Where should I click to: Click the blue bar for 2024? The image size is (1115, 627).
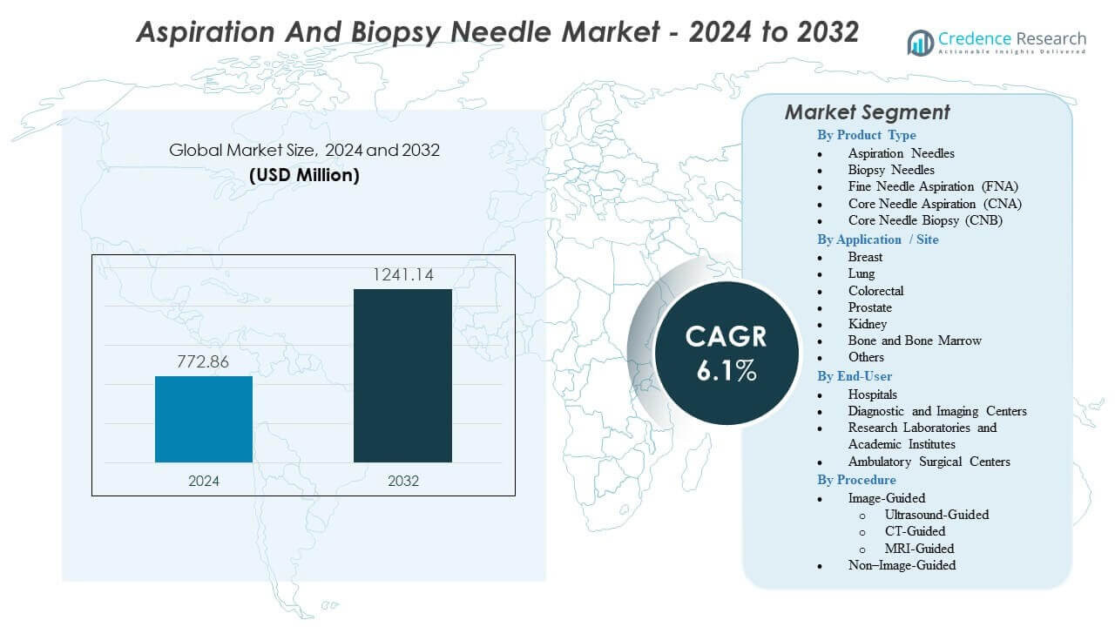[204, 419]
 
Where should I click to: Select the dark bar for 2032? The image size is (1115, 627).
[402, 375]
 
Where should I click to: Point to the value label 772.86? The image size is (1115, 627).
[204, 362]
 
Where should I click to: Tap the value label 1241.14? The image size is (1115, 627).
[402, 275]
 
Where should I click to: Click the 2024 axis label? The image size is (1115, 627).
[204, 481]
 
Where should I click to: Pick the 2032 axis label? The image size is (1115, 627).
[402, 481]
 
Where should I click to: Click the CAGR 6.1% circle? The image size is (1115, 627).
[726, 354]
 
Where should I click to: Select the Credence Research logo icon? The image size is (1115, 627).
[921, 42]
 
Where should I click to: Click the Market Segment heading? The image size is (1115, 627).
[867, 112]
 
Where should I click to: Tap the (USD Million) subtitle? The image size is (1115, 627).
[304, 174]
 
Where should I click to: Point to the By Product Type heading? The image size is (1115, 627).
[866, 135]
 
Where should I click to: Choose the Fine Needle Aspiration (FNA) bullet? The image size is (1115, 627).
[933, 186]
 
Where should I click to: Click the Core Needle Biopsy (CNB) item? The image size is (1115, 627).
[925, 220]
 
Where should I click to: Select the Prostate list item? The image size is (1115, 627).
[869, 307]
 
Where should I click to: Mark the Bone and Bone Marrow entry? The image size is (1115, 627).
[915, 340]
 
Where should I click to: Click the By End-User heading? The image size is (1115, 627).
[854, 376]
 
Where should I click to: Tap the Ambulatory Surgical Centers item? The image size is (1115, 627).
[929, 462]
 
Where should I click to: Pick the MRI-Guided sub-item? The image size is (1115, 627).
[919, 549]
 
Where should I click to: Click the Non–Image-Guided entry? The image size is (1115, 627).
[902, 565]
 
